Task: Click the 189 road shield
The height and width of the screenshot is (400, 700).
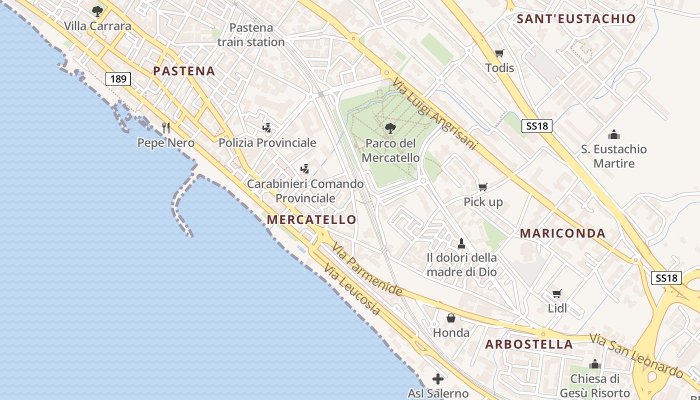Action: (x=118, y=78)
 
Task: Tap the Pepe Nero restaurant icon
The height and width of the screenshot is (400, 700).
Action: (x=166, y=128)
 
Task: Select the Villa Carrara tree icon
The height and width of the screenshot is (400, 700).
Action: (x=97, y=11)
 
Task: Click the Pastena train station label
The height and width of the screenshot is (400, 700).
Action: (x=251, y=35)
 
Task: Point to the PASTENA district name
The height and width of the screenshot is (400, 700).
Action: (x=184, y=71)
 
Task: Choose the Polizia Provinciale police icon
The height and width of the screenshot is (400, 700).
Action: (x=267, y=128)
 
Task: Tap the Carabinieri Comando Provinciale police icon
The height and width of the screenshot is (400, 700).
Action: (x=304, y=169)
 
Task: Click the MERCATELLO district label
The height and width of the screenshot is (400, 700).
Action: (x=311, y=219)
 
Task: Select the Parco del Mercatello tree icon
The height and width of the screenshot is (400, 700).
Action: (x=390, y=128)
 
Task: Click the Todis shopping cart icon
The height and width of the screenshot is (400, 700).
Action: (x=499, y=53)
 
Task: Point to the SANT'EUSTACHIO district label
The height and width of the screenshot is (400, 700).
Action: (x=576, y=19)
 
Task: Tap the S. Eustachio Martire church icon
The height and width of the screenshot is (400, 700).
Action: (x=613, y=134)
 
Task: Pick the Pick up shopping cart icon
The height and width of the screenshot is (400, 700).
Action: (x=482, y=187)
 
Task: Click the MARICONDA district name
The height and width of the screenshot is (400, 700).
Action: (x=562, y=233)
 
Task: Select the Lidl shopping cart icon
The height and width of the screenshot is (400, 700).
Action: (x=557, y=293)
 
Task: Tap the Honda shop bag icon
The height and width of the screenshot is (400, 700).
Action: (x=451, y=318)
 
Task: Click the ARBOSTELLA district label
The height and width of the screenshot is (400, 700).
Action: (x=529, y=344)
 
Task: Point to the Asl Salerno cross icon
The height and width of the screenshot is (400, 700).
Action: (x=438, y=379)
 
